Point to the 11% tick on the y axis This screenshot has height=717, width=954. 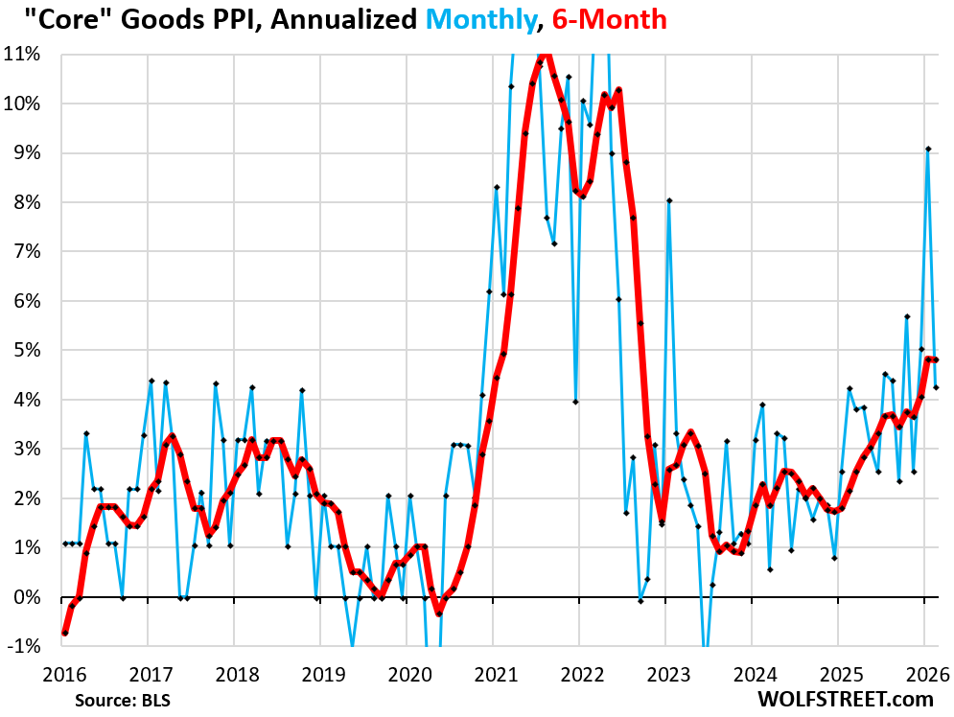22,54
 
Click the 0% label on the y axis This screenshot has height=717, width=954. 26,597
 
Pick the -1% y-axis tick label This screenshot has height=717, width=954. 24,647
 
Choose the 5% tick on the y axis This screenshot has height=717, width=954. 26,350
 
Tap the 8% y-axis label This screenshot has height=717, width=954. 26,202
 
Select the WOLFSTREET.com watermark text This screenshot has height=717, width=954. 845,699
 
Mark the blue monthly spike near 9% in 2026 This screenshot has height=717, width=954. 928,150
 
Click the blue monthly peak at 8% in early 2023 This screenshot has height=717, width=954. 669,200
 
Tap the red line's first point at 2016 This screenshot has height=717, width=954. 64,633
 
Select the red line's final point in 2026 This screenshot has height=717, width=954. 936,360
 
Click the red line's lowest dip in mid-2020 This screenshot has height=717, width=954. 439,613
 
